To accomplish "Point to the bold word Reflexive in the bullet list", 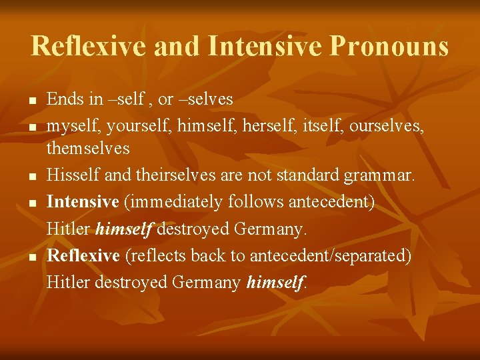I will click(83, 255).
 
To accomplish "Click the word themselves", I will click(88, 149).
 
